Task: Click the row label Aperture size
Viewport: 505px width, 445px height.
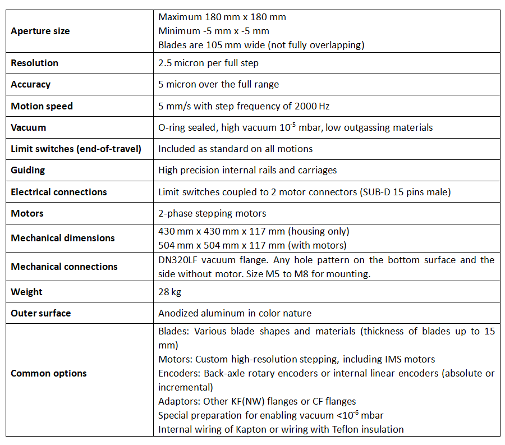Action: click(x=40, y=31)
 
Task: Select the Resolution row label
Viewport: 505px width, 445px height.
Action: click(x=34, y=63)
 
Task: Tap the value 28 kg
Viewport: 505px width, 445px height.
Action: click(x=170, y=292)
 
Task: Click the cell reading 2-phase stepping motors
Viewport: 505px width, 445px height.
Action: click(x=212, y=213)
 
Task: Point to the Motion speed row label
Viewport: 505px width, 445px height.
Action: click(x=42, y=106)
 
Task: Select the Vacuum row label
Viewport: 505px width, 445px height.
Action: click(x=28, y=127)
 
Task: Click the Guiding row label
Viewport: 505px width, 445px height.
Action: click(x=28, y=170)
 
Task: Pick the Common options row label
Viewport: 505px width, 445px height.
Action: click(x=49, y=373)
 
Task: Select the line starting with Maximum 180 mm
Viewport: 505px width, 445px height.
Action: click(x=222, y=17)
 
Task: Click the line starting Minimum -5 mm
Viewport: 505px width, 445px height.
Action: click(x=214, y=31)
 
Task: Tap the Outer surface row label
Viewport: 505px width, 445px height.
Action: click(x=40, y=313)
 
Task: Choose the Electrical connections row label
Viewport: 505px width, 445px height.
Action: click(x=59, y=192)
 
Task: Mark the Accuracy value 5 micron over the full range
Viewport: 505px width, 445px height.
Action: click(x=218, y=84)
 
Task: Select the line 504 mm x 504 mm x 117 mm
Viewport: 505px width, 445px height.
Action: click(x=252, y=245)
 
